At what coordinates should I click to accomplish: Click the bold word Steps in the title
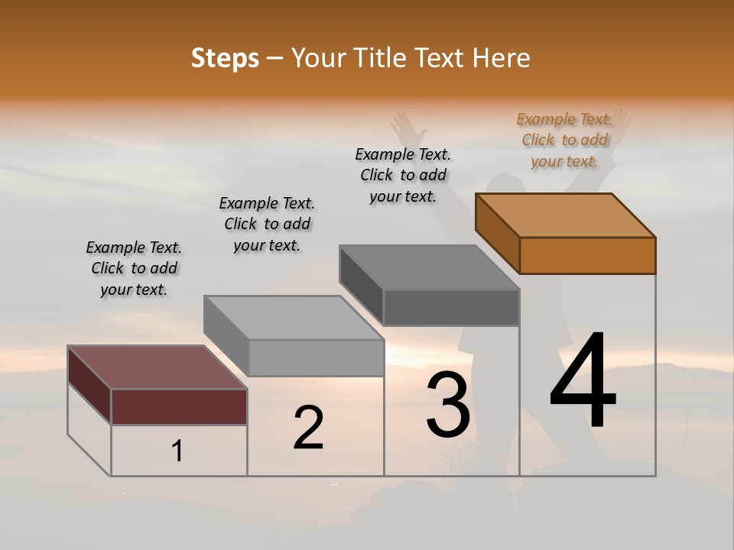[225, 58]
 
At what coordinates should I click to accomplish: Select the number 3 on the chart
[448, 405]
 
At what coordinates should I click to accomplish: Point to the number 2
[308, 428]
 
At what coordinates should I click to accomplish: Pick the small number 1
[177, 451]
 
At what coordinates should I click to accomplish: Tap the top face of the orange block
[566, 215]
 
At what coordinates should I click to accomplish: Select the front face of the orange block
[587, 255]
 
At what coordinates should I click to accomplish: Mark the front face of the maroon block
[179, 406]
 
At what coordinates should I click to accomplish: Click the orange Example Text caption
[564, 141]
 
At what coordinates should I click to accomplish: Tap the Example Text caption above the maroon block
[134, 269]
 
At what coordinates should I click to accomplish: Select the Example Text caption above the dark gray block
[403, 175]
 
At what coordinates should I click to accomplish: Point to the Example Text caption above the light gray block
[267, 224]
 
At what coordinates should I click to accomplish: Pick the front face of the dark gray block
[451, 308]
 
